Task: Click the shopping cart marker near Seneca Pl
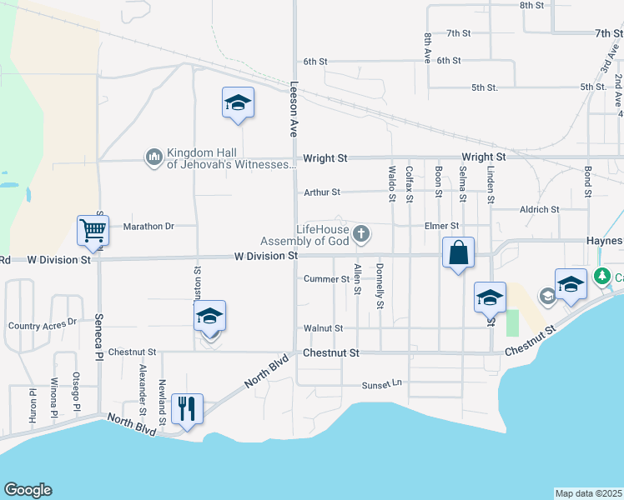point(93,231)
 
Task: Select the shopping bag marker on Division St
point(458,252)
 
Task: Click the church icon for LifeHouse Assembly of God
point(361,232)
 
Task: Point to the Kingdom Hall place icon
point(153,157)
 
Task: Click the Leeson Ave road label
point(294,108)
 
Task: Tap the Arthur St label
point(322,192)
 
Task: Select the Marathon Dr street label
point(148,226)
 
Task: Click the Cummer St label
point(326,278)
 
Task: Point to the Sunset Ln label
point(381,385)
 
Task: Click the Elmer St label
point(441,226)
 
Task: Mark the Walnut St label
point(324,328)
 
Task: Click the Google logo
point(28,490)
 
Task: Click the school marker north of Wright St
point(238,102)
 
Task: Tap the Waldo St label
point(391,183)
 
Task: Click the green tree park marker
point(600,276)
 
